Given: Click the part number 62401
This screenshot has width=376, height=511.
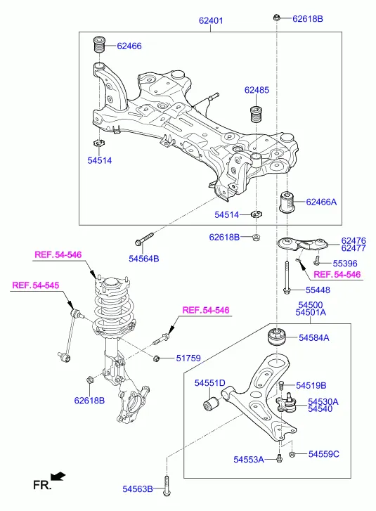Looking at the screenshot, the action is click(x=211, y=20).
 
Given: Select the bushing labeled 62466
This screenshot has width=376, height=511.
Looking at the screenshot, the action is click(x=100, y=45).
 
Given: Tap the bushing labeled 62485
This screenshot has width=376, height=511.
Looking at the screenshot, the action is click(x=257, y=113).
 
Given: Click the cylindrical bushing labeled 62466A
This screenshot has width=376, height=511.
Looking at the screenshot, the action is click(x=287, y=202).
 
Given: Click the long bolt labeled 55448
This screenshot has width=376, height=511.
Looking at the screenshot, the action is click(x=287, y=278).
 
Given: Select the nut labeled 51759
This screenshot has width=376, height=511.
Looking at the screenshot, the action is click(x=156, y=358).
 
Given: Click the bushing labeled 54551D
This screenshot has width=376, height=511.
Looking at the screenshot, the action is click(x=211, y=403).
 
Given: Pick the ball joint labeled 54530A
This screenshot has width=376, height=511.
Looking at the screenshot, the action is click(x=287, y=403).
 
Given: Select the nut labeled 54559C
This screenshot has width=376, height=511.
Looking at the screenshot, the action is click(x=292, y=454).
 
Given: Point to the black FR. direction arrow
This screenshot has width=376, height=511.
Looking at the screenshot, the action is click(x=58, y=477).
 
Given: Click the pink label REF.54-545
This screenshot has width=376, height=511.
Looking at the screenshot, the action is click(x=36, y=285).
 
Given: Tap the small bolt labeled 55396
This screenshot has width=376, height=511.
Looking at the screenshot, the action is click(x=316, y=261).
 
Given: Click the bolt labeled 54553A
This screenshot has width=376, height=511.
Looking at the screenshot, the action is click(x=278, y=458).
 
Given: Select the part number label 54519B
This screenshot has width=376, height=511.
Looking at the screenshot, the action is click(x=311, y=385).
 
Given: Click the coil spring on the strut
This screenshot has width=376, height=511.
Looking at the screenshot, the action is click(x=113, y=310).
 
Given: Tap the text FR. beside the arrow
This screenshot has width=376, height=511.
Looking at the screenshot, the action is click(x=42, y=486).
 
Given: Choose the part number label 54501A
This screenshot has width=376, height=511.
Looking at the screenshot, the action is click(x=311, y=312).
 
